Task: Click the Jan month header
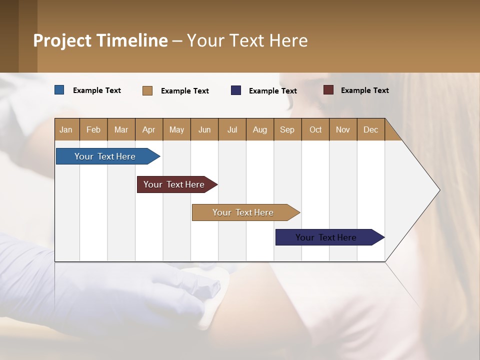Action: point(66,129)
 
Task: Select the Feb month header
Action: point(93,129)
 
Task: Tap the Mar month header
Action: point(121,129)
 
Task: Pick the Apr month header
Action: point(149,129)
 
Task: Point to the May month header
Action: point(176,129)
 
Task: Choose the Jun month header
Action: point(204,129)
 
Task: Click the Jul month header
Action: point(232,129)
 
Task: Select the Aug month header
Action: point(260,129)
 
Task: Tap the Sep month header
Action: point(287,129)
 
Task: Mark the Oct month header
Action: point(315,129)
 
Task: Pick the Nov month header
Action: point(343,129)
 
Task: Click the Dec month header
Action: point(370,129)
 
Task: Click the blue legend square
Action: point(59,90)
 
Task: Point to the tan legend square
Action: point(147,90)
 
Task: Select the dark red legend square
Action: point(328,90)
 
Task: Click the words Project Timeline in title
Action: point(100,40)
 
